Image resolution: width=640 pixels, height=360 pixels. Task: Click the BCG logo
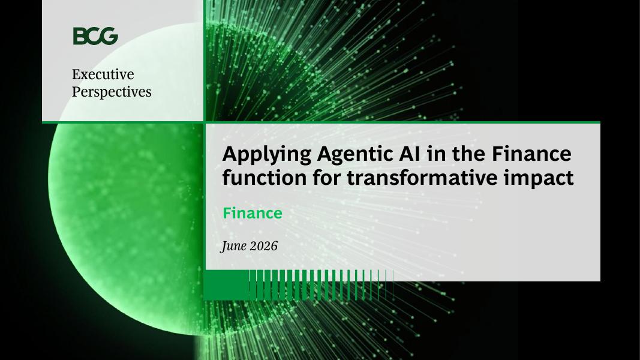pyautogui.click(x=95, y=36)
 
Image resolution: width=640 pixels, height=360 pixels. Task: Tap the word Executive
pyautogui.click(x=103, y=74)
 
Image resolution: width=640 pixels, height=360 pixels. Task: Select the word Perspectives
pyautogui.click(x=112, y=92)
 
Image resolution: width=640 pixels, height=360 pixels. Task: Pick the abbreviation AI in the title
pyautogui.click(x=408, y=154)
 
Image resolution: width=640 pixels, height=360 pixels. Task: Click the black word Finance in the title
pyautogui.click(x=531, y=154)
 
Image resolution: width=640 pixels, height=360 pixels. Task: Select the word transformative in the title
pyautogui.click(x=423, y=178)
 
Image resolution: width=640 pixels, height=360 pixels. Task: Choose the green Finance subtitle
pyautogui.click(x=253, y=213)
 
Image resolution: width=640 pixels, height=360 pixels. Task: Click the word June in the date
pyautogui.click(x=234, y=246)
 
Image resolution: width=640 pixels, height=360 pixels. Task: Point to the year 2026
pyautogui.click(x=264, y=246)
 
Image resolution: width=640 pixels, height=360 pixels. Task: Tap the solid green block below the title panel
pyautogui.click(x=226, y=285)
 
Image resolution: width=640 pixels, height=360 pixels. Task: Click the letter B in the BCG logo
pyautogui.click(x=80, y=36)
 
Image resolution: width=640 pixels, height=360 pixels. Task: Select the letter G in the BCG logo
pyautogui.click(x=109, y=36)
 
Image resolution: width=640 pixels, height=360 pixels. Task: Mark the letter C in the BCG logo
pyautogui.click(x=94, y=36)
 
